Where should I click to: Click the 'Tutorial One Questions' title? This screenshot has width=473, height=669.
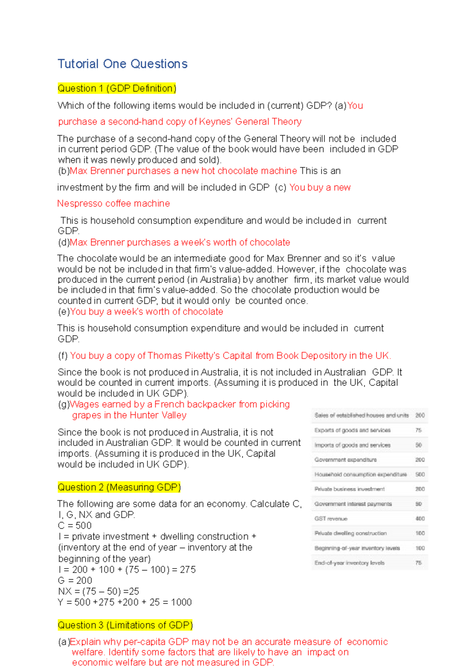(x=123, y=64)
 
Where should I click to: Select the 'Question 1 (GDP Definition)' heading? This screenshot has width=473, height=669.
(x=117, y=88)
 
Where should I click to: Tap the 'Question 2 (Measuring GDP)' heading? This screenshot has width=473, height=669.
(x=119, y=487)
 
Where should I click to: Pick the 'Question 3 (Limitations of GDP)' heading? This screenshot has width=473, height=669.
(x=125, y=625)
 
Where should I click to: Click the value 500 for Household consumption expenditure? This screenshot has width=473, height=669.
(x=420, y=474)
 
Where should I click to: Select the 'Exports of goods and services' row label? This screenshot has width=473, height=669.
(x=352, y=430)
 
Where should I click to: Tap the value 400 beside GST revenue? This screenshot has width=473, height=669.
(x=420, y=518)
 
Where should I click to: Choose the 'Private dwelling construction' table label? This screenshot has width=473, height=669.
(x=350, y=533)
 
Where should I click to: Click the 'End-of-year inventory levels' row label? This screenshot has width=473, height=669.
(x=349, y=563)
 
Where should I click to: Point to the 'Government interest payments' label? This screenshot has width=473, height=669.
(x=353, y=504)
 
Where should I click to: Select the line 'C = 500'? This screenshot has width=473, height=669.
(x=74, y=526)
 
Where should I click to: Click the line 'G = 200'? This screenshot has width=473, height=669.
(x=75, y=581)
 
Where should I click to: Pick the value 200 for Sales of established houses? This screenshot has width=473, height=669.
(x=420, y=415)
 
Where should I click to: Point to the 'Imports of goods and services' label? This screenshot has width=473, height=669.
(x=352, y=445)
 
